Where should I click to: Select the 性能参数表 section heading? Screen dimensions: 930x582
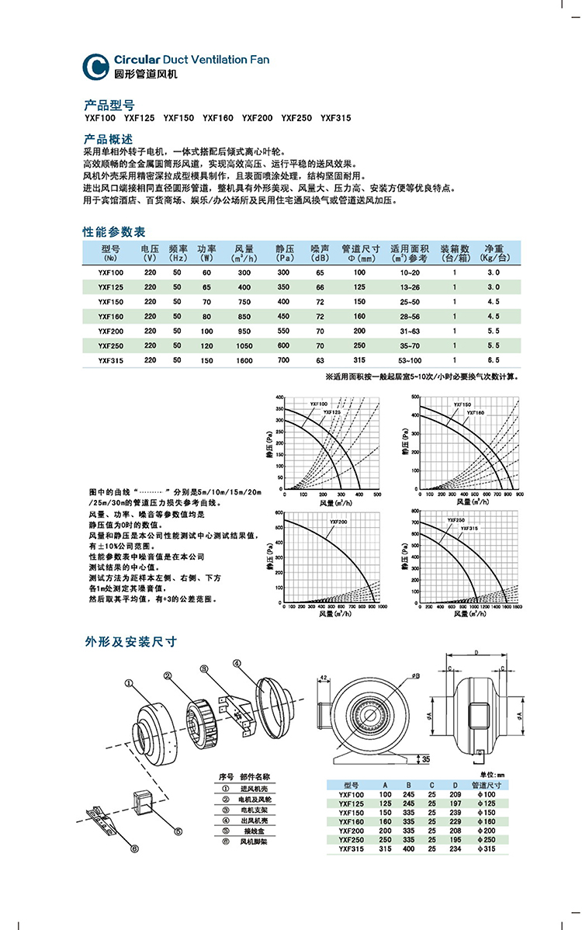113,232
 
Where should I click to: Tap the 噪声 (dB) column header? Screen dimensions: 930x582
320,252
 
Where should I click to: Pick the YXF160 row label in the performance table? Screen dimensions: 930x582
110,317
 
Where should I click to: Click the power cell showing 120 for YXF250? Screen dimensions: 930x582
206,345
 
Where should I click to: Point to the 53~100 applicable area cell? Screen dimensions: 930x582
409,360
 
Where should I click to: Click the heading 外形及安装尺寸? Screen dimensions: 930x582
131,642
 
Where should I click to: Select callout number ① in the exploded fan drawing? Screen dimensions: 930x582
129,682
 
